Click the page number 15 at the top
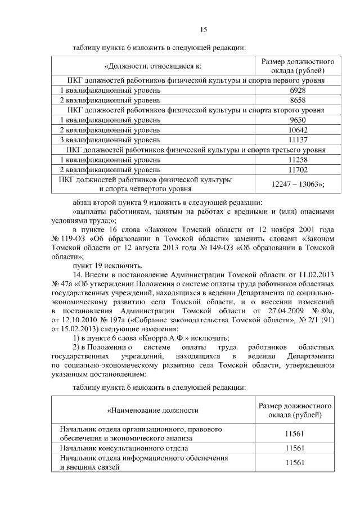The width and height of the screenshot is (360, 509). point(204,30)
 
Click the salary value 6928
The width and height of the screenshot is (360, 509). point(297,90)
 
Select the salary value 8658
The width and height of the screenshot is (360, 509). point(297,100)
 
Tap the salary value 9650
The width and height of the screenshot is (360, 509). point(297,120)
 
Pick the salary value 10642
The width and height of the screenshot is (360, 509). point(297,130)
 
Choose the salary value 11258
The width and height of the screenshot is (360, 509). point(297,160)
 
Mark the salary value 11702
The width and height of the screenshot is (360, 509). point(297,169)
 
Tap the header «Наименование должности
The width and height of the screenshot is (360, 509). point(154,411)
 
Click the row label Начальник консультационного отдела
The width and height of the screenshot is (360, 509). point(124,448)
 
